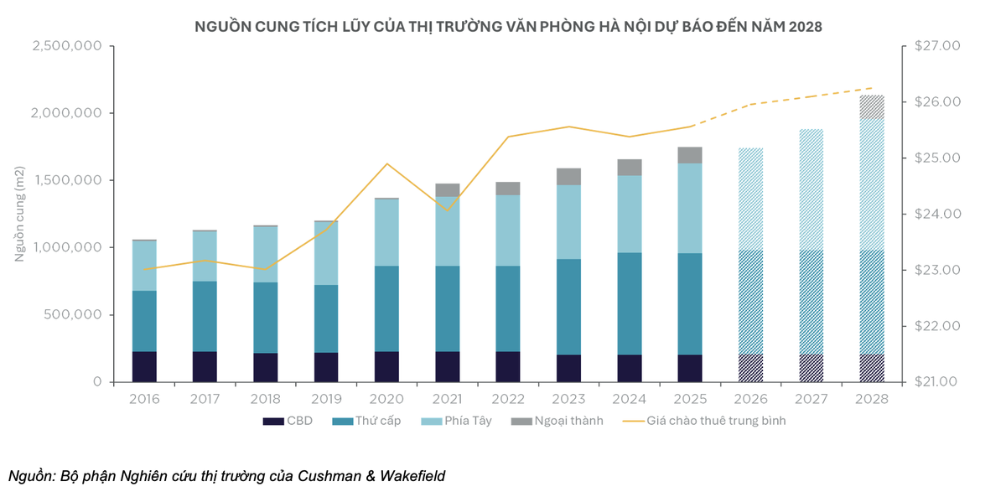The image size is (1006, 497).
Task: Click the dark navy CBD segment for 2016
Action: [x=144, y=366]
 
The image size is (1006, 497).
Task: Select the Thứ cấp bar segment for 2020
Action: [x=386, y=308]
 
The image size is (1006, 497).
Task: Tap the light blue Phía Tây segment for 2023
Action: [x=568, y=222]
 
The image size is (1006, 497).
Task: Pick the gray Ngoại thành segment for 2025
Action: [x=690, y=155]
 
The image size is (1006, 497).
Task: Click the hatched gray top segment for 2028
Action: [x=872, y=106]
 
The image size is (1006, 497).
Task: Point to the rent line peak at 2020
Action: [x=386, y=163]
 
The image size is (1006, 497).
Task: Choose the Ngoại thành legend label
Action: [x=571, y=421]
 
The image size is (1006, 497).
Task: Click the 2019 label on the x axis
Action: [x=326, y=399]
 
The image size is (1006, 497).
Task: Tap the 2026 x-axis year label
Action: [x=750, y=399]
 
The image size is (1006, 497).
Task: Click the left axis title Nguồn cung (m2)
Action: [x=20, y=214]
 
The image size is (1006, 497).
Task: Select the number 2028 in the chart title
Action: [x=804, y=26]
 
